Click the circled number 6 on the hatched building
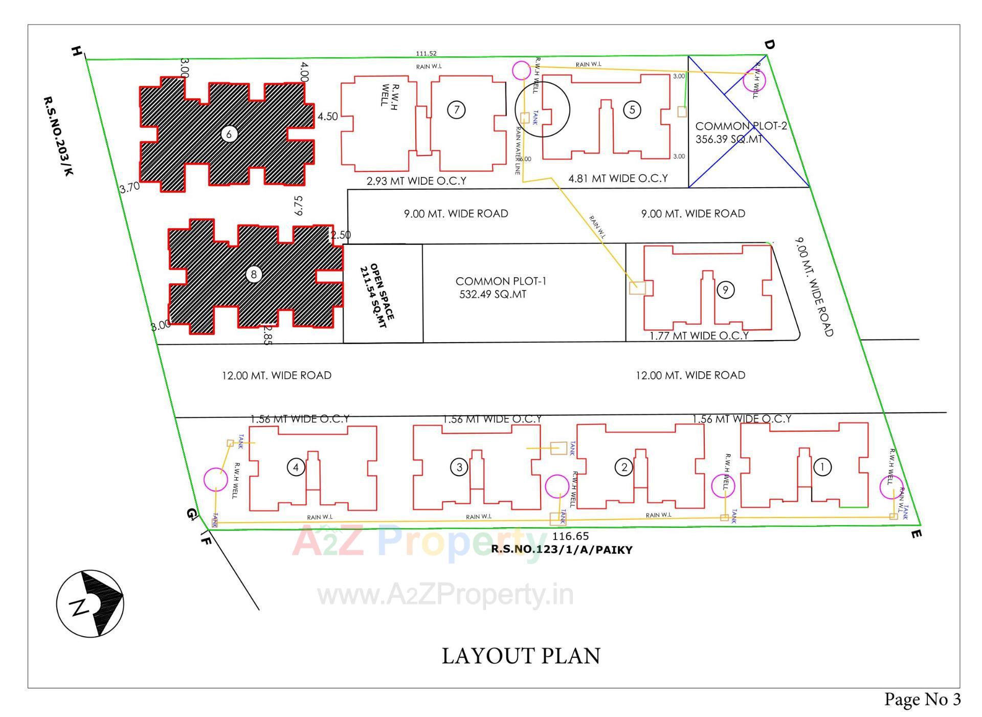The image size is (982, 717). tap(229, 134)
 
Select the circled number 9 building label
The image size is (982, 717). tap(725, 290)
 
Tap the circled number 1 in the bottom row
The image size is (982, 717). tap(822, 466)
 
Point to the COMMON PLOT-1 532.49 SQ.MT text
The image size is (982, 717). tap(500, 288)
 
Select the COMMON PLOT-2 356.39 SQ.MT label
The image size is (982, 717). tap(740, 132)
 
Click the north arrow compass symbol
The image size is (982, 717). tap(91, 603)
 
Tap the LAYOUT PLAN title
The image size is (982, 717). tap(521, 656)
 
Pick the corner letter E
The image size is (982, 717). tap(916, 534)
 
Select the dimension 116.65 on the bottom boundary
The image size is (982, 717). tap(570, 536)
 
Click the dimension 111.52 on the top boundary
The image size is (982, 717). tap(426, 53)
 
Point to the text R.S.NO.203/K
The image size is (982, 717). tap(58, 136)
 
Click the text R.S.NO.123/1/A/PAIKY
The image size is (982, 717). tap(562, 550)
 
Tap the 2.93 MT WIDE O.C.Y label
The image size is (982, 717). tap(416, 181)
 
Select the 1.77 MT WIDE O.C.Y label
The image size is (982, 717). tap(699, 335)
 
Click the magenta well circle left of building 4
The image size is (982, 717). tap(215, 479)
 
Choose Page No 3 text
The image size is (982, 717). tap(922, 699)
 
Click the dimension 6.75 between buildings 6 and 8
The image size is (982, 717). tap(298, 205)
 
